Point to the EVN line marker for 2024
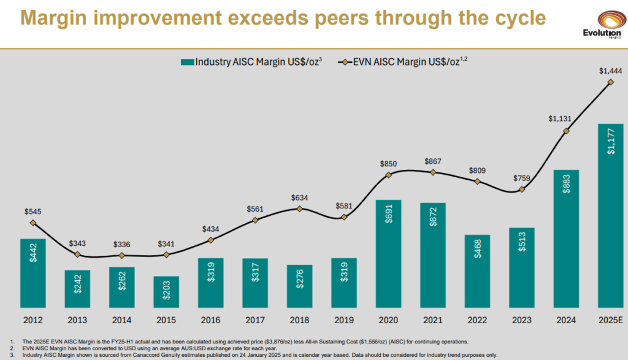coord(566,131)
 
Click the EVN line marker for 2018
coord(299,209)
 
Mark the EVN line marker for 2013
coord(77,255)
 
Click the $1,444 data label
coord(610,71)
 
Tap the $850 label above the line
coord(388,164)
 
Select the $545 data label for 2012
coord(33,212)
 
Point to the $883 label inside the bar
coord(566,188)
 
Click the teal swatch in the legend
coord(187,61)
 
